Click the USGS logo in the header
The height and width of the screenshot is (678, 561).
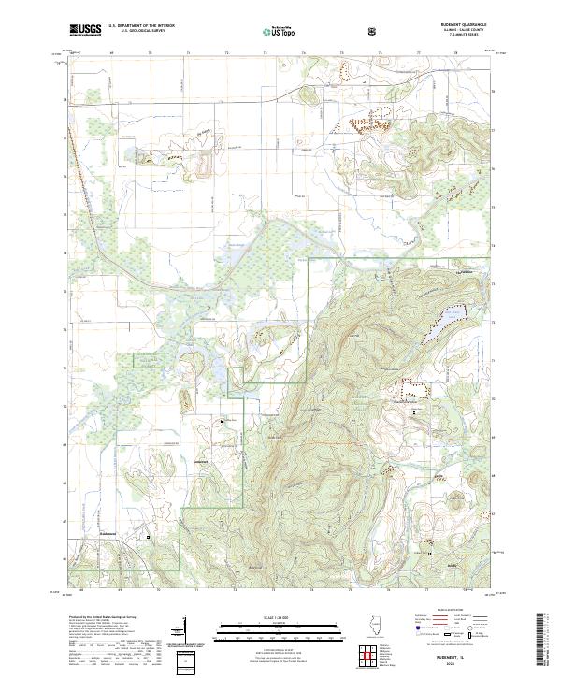tap(85, 30)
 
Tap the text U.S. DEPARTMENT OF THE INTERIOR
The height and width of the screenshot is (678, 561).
tap(141, 26)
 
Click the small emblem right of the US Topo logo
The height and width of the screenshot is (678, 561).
tap(374, 30)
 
